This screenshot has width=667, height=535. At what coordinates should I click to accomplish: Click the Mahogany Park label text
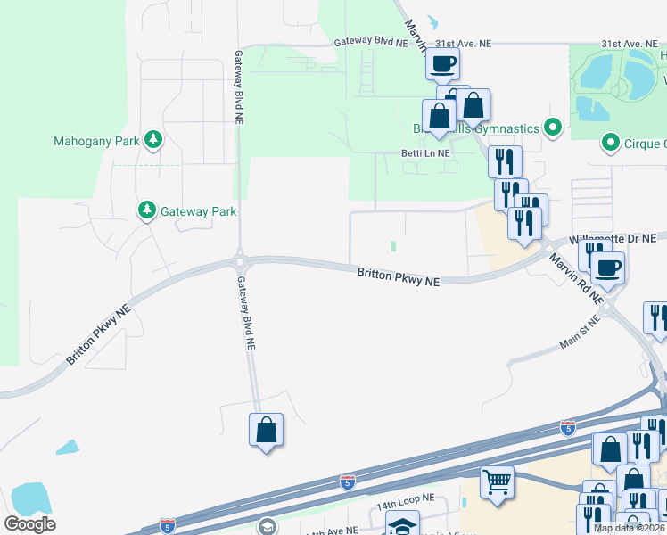(96, 141)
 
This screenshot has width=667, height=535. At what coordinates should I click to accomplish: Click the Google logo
(29, 524)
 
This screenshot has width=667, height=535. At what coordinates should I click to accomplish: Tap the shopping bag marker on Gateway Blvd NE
(266, 430)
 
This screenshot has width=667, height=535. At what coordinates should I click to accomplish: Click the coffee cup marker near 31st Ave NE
(442, 63)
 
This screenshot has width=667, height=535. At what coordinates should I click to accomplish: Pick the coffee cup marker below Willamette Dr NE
(608, 267)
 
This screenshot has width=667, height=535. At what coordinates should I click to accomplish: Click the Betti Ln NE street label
(425, 153)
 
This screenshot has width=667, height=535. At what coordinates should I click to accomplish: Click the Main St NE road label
(581, 332)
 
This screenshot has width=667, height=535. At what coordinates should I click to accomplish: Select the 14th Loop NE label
(404, 505)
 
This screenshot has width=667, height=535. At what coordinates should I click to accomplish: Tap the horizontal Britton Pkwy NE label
(399, 277)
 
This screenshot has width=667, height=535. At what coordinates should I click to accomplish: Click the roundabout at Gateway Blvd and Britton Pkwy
(240, 261)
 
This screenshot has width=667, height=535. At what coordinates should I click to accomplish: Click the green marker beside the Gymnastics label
(553, 128)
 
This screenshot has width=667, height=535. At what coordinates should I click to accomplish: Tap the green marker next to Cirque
(611, 143)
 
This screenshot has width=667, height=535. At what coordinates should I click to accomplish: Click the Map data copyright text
(629, 528)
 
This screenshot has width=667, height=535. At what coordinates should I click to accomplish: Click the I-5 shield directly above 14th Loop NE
(349, 482)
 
